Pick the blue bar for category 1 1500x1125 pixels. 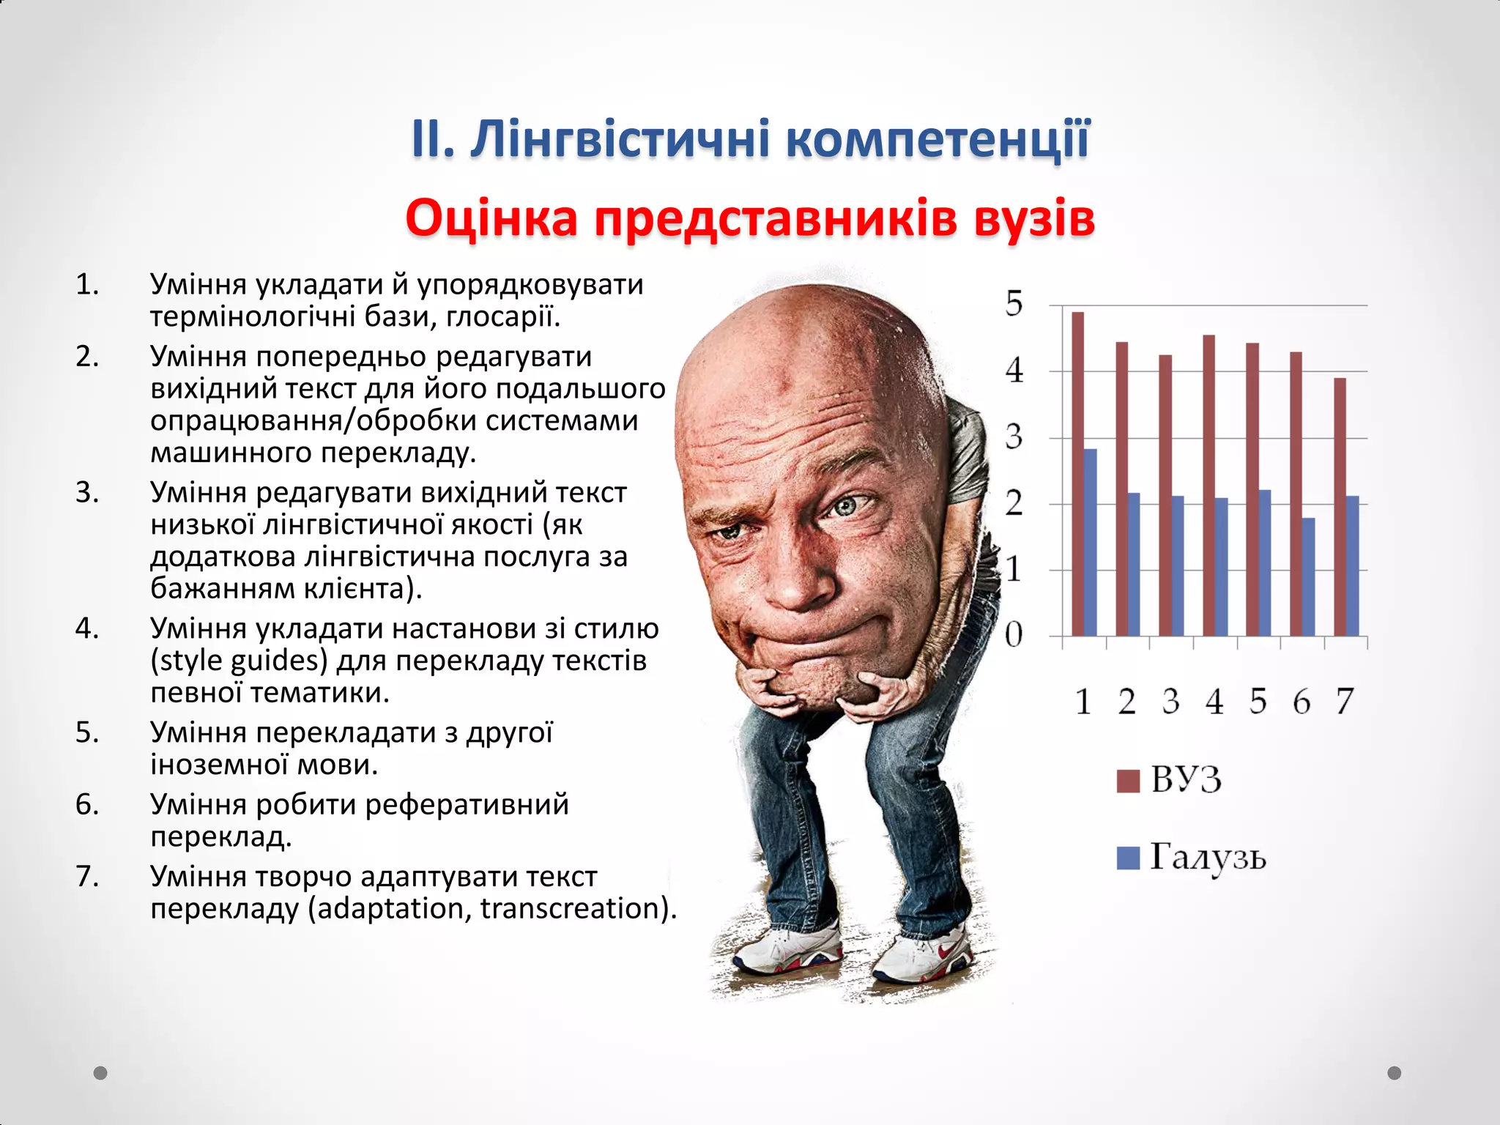(1091, 542)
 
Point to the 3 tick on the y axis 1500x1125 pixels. (1014, 438)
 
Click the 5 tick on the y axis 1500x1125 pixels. (1014, 304)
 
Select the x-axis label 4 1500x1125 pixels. (1214, 702)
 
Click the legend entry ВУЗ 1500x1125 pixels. (1186, 779)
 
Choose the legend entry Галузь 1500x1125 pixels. (1207, 856)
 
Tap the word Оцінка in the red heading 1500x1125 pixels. (491, 218)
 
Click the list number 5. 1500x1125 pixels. (86, 732)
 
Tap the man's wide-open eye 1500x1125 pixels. (848, 505)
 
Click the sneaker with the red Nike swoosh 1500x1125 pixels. (924, 957)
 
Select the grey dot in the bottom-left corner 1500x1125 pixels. (100, 1073)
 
